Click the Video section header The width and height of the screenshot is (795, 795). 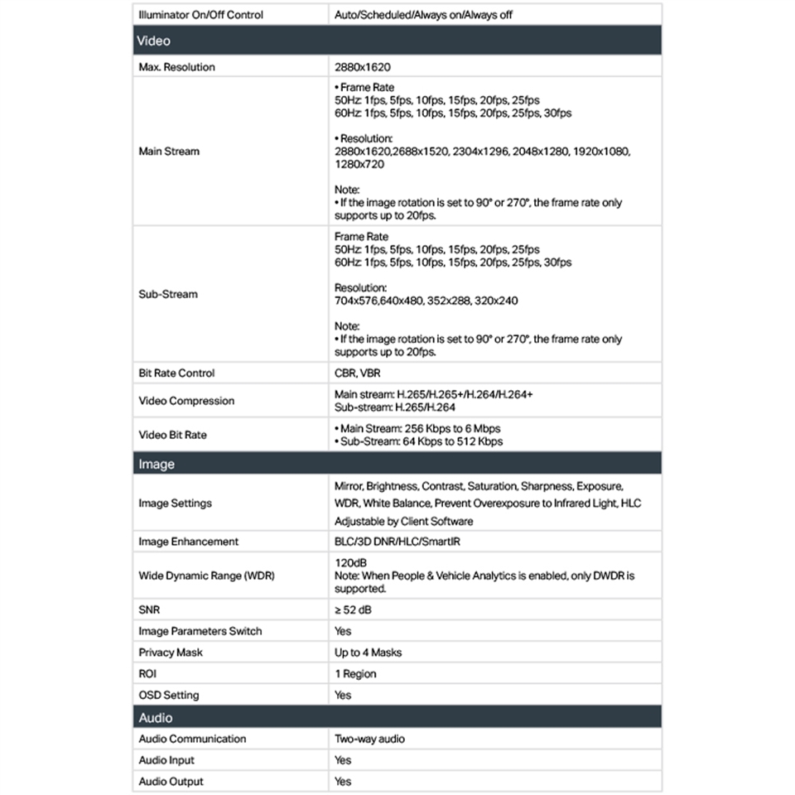154,41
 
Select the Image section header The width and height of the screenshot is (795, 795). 157,464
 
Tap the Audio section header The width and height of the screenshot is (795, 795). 156,717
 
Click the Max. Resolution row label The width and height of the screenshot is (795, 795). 176,67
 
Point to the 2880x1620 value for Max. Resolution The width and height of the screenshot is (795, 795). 362,67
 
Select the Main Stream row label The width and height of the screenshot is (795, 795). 169,152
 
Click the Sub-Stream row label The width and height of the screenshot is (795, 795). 168,294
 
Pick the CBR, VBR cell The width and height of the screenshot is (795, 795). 358,373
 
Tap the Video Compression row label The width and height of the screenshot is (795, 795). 186,401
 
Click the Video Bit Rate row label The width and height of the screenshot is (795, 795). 172,435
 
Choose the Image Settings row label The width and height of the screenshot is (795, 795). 175,503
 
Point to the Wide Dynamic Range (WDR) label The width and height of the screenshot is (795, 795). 206,576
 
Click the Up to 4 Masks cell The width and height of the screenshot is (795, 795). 368,653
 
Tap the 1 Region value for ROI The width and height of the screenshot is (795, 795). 355,674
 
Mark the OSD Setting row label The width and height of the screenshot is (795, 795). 169,696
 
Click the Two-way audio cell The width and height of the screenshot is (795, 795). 369,739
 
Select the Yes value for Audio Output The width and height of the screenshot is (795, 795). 343,782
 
